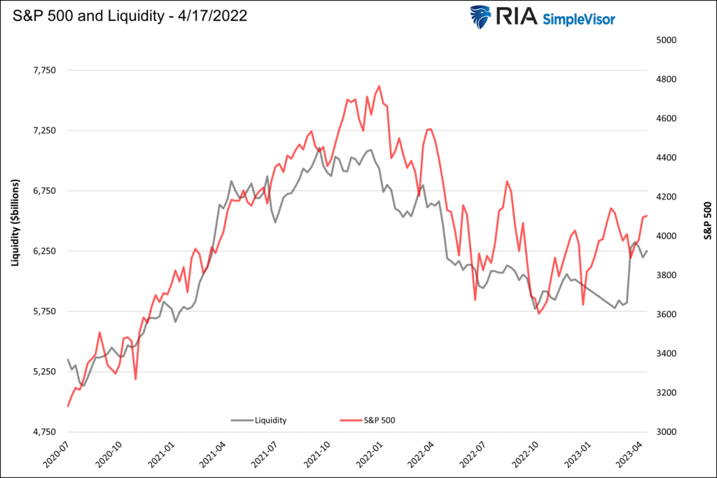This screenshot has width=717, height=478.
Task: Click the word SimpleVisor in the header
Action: tap(578, 19)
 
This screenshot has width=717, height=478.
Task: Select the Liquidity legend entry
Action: tap(258, 420)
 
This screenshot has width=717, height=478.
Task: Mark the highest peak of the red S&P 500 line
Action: tap(379, 86)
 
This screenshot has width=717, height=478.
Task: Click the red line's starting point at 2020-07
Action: tap(68, 406)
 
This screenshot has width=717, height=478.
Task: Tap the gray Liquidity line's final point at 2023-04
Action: tap(647, 251)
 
